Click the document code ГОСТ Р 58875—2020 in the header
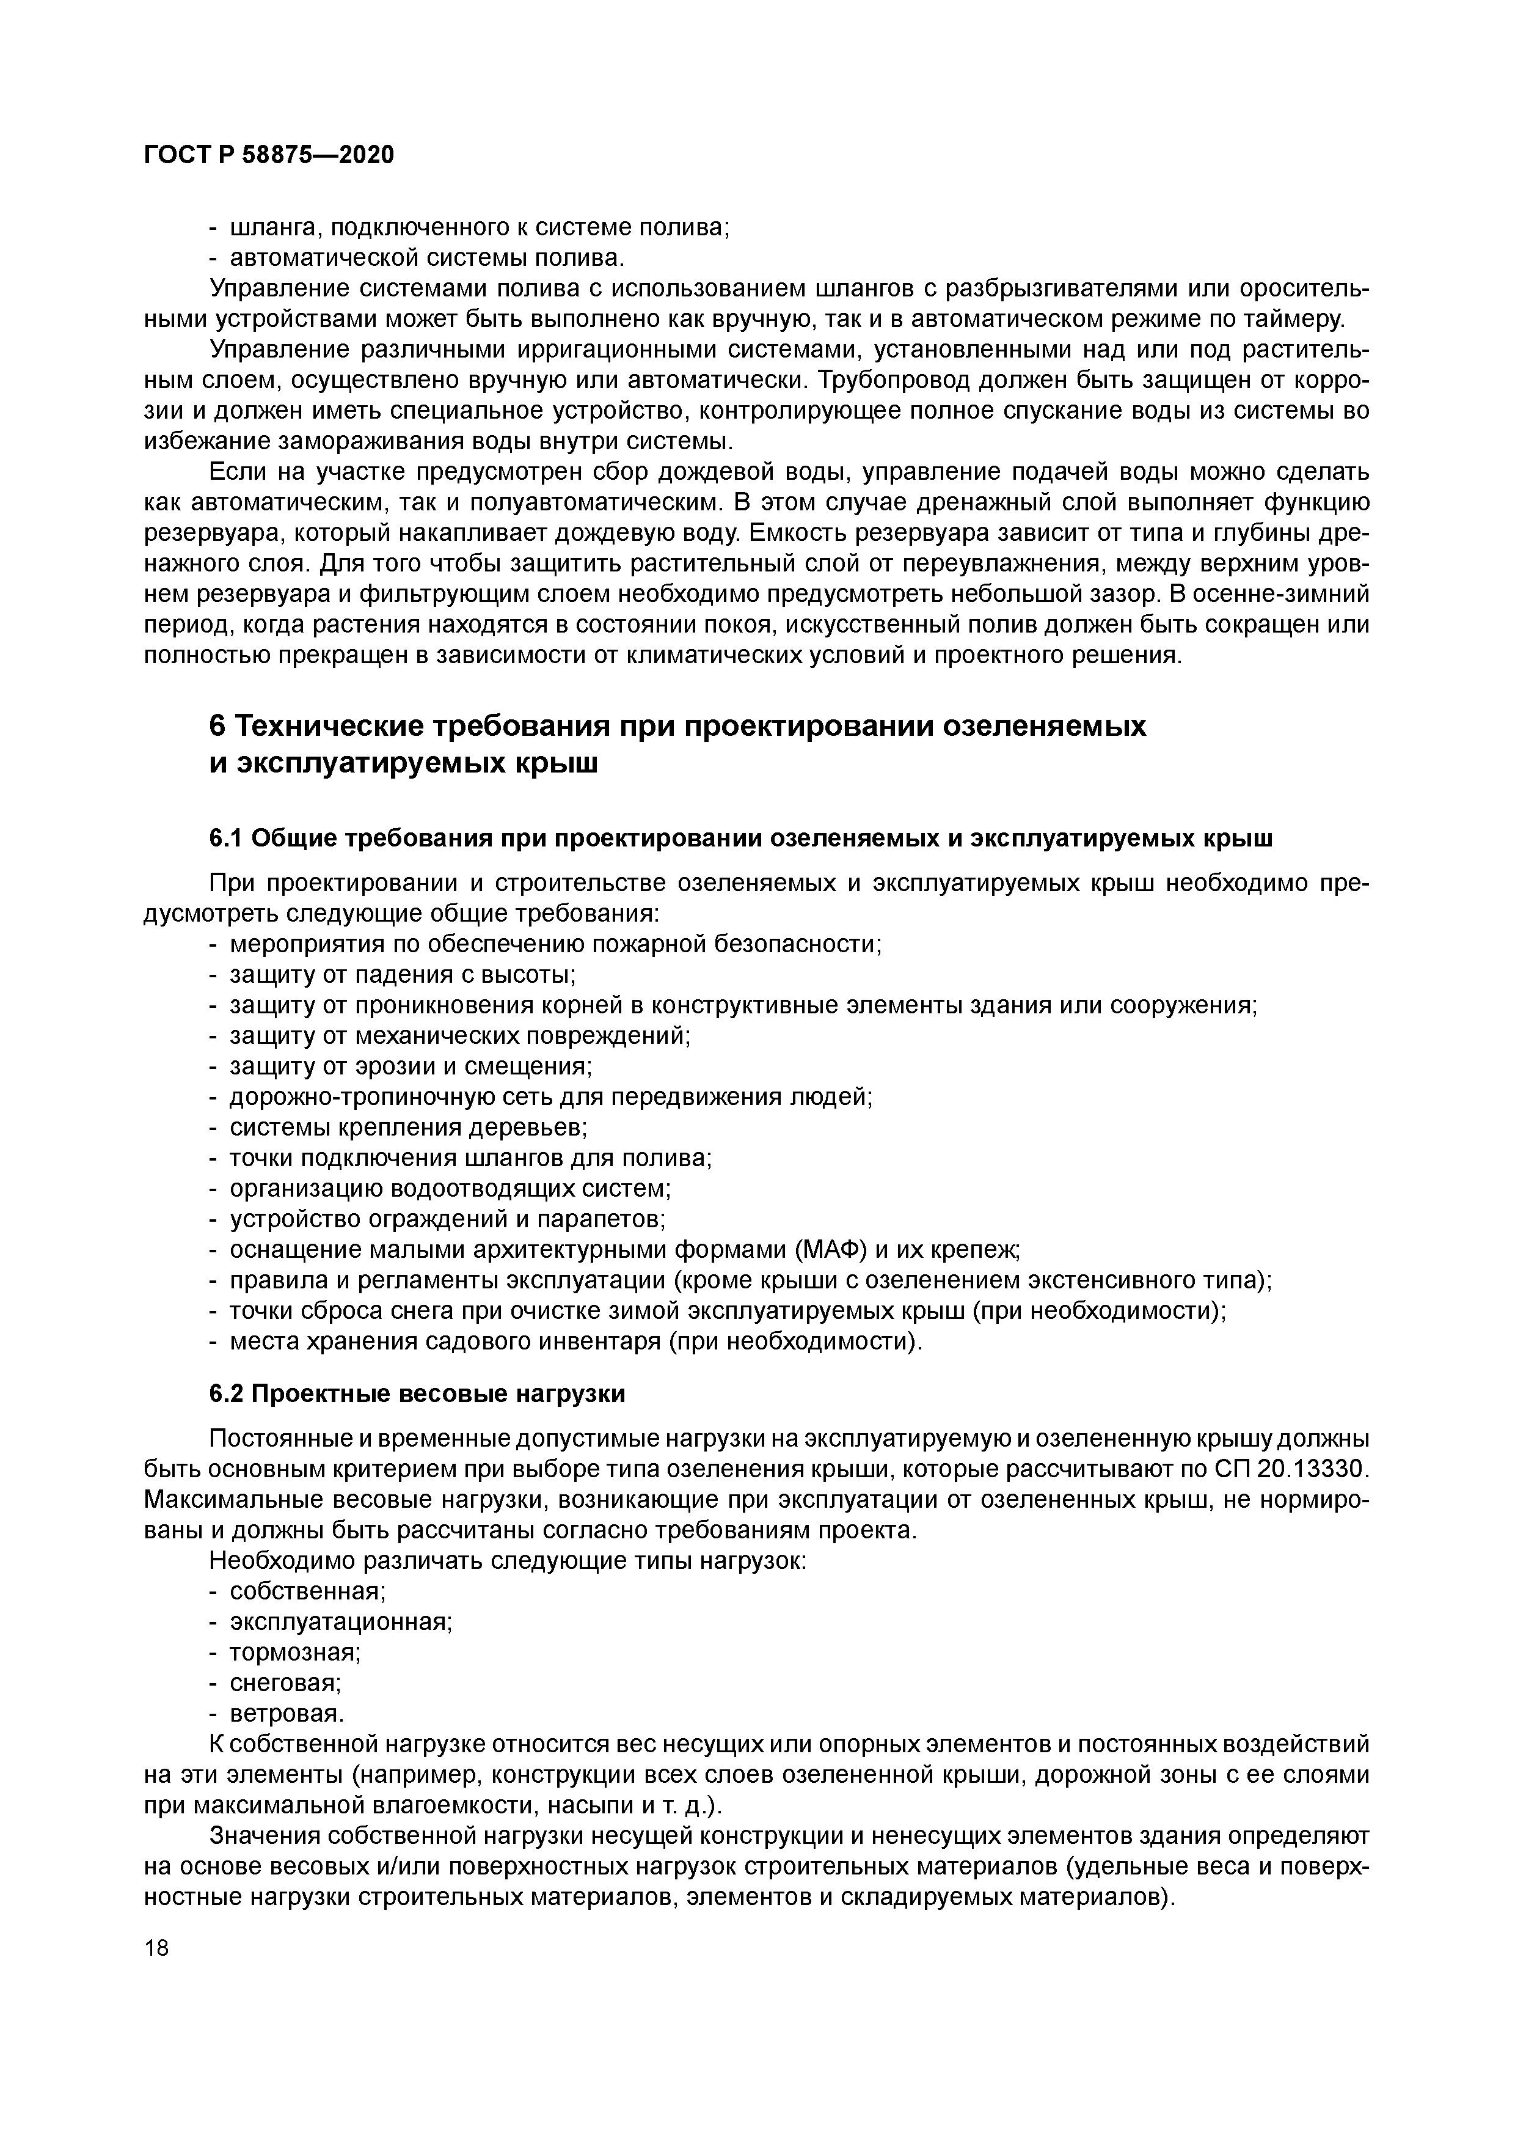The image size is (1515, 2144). (x=269, y=155)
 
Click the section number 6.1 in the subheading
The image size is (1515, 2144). (x=226, y=839)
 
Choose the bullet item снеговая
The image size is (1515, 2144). (x=285, y=1683)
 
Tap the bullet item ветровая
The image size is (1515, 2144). (x=287, y=1714)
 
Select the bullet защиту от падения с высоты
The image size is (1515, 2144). (x=403, y=975)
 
